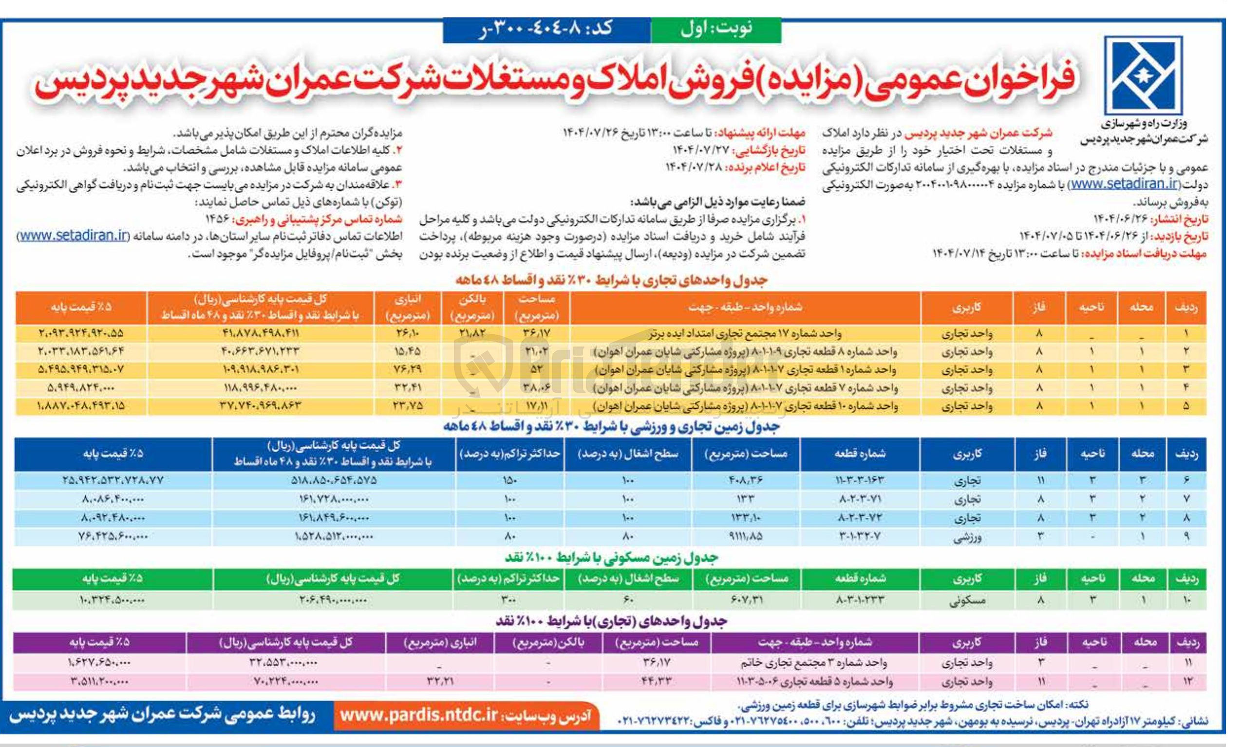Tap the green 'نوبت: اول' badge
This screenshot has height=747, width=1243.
tap(716, 29)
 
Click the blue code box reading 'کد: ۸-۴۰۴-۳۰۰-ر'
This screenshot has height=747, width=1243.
tap(546, 29)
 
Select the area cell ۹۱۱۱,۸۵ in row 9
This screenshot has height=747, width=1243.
tap(746, 537)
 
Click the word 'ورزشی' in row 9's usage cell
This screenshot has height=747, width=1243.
tap(967, 537)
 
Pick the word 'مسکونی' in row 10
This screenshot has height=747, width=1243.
tap(967, 600)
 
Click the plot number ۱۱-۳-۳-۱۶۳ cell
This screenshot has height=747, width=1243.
tap(859, 481)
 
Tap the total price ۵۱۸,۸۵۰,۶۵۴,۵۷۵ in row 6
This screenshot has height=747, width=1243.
tap(334, 481)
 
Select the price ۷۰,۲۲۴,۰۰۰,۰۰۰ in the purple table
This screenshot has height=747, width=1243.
tap(285, 682)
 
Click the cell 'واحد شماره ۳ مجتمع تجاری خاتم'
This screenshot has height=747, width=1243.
tap(814, 663)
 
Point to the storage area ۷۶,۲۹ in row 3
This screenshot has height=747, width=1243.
tap(408, 369)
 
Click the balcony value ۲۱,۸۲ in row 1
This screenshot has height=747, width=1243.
tap(472, 333)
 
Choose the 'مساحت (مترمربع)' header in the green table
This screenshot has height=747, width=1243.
tap(746, 579)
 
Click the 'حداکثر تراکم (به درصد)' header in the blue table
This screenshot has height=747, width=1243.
tap(509, 454)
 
